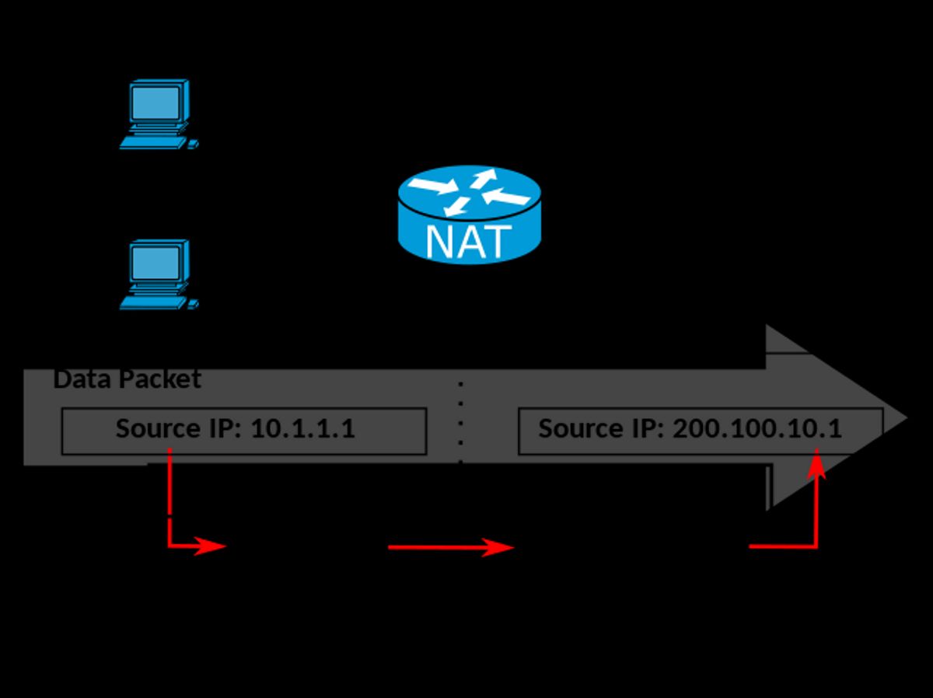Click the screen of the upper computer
click(156, 102)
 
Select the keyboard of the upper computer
click(153, 143)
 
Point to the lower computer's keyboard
click(153, 303)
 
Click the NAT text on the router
click(469, 241)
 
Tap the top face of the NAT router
click(469, 191)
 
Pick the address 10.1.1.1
click(302, 428)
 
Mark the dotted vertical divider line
click(461, 424)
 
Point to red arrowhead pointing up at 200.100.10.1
click(816, 466)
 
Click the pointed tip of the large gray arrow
click(902, 418)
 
